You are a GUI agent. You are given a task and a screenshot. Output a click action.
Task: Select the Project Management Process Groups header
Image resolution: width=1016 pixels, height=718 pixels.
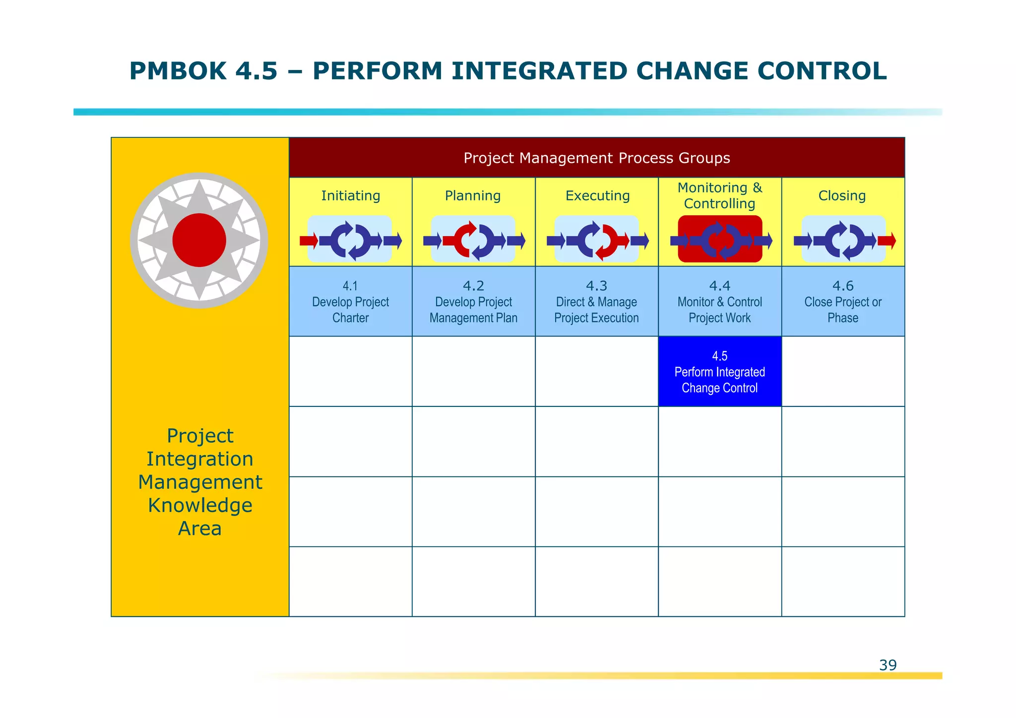pyautogui.click(x=596, y=158)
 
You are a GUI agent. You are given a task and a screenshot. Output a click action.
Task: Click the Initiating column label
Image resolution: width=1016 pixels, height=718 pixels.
pyautogui.click(x=350, y=196)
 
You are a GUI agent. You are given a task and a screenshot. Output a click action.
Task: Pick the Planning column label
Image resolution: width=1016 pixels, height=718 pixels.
pyautogui.click(x=473, y=196)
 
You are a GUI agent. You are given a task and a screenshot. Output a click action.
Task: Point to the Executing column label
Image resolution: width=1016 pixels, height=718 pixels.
pyautogui.click(x=597, y=196)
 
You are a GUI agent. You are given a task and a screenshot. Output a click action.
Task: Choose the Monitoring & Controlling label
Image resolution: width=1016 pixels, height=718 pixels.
pyautogui.click(x=719, y=196)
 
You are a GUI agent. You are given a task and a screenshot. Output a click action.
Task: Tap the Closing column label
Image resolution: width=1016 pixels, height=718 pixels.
pyautogui.click(x=842, y=196)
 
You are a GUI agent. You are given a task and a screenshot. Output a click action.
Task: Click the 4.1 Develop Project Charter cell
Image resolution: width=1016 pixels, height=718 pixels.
pyautogui.click(x=350, y=302)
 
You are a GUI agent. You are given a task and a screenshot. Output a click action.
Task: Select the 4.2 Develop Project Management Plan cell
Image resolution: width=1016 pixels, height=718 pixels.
pyautogui.click(x=473, y=302)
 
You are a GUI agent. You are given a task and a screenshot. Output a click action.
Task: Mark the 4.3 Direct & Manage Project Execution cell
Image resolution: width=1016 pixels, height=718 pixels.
pyautogui.click(x=596, y=302)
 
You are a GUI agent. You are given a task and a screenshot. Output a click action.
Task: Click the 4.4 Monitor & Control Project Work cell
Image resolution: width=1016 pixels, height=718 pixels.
pyautogui.click(x=719, y=302)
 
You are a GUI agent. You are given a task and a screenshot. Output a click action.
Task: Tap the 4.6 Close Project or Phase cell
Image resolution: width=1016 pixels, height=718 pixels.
pyautogui.click(x=842, y=302)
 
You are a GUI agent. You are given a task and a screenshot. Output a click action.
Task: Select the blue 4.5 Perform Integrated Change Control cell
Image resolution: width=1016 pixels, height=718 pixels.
pyautogui.click(x=719, y=372)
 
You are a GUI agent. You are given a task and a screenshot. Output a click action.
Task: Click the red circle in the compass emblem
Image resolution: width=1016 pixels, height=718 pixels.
pyautogui.click(x=199, y=240)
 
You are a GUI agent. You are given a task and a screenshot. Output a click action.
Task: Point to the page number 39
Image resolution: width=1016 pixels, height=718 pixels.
pyautogui.click(x=888, y=665)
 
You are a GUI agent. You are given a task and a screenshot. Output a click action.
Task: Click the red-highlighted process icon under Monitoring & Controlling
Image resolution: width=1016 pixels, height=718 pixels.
pyautogui.click(x=720, y=239)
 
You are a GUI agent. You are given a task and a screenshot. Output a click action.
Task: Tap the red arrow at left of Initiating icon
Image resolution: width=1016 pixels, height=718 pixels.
pyautogui.click(x=308, y=241)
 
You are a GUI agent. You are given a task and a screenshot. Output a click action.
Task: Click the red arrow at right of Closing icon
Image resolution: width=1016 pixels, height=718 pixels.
pyautogui.click(x=887, y=241)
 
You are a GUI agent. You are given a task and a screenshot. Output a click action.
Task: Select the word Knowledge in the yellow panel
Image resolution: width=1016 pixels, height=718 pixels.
pyautogui.click(x=200, y=505)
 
